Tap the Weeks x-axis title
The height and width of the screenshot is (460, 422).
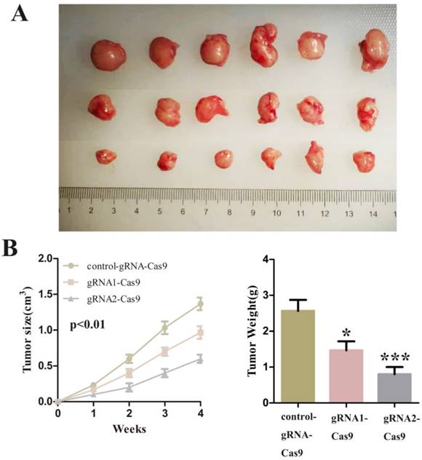(x=129, y=428)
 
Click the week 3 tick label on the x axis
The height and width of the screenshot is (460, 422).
(x=164, y=413)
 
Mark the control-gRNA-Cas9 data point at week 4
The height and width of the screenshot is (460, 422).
(x=200, y=304)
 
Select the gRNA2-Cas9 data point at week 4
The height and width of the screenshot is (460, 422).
(x=200, y=359)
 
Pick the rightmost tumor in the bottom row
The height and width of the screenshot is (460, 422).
(x=363, y=160)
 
